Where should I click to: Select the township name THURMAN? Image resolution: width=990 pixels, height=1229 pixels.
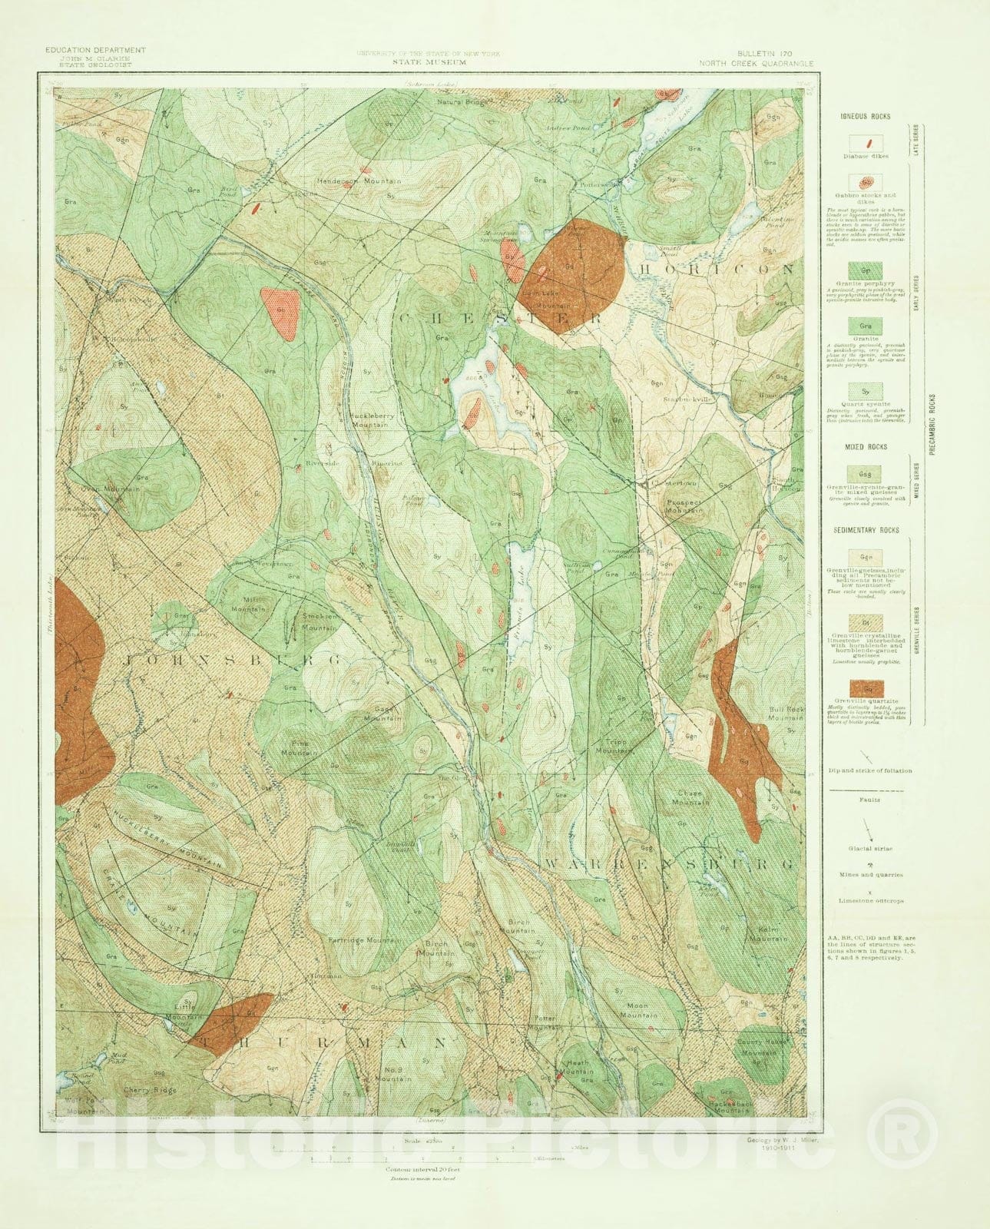[x=323, y=1042]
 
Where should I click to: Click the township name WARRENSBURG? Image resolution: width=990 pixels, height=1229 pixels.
[x=668, y=864]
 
